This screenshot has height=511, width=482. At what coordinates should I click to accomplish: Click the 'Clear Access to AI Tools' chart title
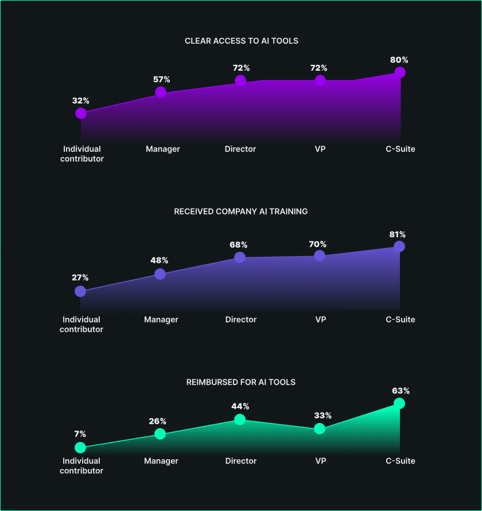tap(241, 41)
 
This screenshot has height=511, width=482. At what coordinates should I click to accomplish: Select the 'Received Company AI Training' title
tap(241, 212)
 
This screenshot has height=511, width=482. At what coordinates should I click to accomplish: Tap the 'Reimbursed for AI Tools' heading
tap(241, 382)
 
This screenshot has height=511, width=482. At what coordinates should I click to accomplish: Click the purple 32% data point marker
tap(81, 113)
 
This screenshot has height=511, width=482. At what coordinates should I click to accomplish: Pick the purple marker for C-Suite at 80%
tap(400, 72)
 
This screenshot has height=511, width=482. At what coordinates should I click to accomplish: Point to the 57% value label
tap(161, 79)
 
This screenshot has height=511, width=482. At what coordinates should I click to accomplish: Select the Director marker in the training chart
tap(240, 258)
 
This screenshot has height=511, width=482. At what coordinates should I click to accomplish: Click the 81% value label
tap(397, 235)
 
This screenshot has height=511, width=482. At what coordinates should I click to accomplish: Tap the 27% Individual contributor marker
tap(80, 291)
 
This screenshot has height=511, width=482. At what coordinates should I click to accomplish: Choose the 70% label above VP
tap(318, 244)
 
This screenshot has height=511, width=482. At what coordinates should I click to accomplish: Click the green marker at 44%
tap(240, 420)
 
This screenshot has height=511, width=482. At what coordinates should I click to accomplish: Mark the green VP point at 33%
tap(320, 429)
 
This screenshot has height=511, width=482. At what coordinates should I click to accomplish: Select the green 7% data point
tap(80, 447)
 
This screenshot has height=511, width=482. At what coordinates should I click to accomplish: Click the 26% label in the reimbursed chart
tap(157, 421)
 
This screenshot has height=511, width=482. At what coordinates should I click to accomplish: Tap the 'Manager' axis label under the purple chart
tap(163, 149)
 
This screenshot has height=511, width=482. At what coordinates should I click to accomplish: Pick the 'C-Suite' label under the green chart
tap(400, 461)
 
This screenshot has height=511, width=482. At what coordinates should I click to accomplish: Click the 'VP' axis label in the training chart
tap(320, 320)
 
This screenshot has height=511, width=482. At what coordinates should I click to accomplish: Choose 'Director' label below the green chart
tap(241, 461)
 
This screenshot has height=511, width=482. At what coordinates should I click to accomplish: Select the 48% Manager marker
tap(160, 274)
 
